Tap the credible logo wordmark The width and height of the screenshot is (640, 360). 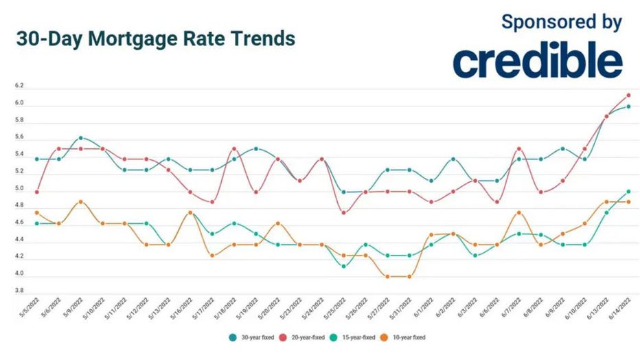coord(538,61)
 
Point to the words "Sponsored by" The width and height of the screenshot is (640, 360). coord(562,21)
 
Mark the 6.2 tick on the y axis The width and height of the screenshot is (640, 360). coord(19,87)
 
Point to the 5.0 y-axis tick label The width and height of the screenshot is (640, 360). coord(19,189)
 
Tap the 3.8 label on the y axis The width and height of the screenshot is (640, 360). coord(19,291)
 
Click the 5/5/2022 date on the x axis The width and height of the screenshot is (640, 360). coord(27,306)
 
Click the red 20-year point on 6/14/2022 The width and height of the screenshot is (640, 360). coord(628,95)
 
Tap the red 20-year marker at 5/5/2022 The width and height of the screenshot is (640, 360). coord(36,192)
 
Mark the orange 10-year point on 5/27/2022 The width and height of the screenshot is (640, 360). coord(388,277)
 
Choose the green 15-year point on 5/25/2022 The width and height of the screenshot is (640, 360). coord(344,266)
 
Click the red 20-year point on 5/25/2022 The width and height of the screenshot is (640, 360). coord(344,212)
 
